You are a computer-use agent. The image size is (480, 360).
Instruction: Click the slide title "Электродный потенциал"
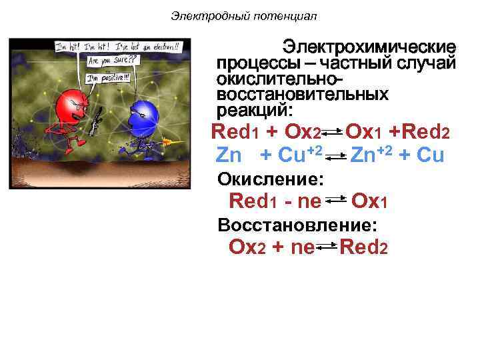coord(243,15)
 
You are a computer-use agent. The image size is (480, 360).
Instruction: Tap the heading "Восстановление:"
coord(297,224)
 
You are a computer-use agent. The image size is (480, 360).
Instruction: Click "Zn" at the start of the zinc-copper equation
coord(230,155)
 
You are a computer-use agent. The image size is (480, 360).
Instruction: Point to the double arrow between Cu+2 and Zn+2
coord(337,156)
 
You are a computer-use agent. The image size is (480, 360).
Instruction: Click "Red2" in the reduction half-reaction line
coord(363,247)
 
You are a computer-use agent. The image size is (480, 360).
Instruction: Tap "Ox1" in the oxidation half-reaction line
coord(369,201)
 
